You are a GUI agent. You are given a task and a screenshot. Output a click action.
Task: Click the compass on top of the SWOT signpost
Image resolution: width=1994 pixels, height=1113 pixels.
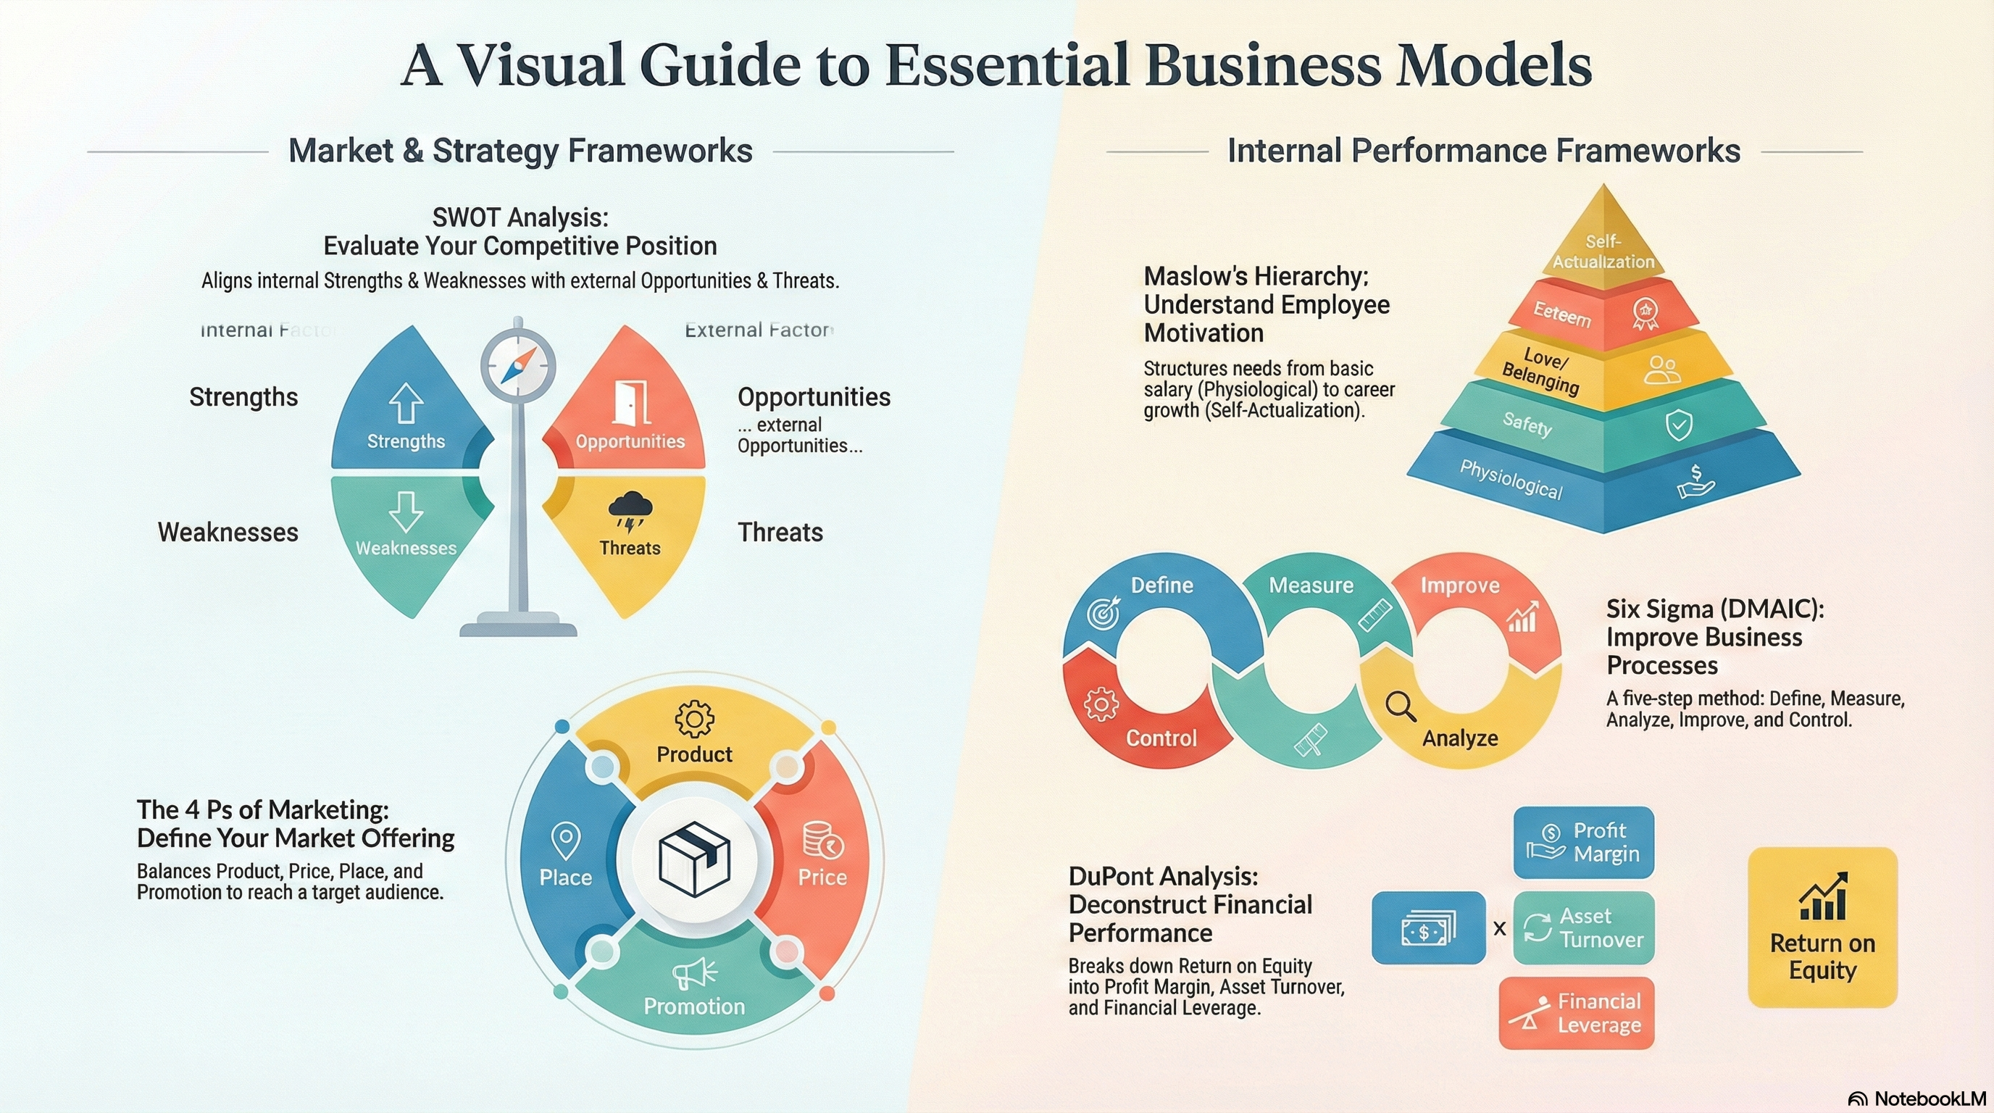518,365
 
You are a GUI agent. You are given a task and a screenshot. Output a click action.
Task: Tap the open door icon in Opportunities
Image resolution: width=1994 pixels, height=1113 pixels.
630,401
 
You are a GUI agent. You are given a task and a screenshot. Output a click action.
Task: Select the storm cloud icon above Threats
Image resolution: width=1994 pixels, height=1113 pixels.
630,512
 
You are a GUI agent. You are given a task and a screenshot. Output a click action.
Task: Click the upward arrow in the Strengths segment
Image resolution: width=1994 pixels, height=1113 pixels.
406,404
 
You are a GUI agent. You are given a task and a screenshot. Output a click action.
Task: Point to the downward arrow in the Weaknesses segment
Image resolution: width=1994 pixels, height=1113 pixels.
406,512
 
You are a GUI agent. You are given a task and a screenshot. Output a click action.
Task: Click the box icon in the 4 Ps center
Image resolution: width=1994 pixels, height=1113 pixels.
694,859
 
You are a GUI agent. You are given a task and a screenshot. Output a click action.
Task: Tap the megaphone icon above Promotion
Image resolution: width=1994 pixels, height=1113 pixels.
694,972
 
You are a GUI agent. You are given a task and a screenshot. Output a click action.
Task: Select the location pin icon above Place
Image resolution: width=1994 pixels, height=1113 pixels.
566,841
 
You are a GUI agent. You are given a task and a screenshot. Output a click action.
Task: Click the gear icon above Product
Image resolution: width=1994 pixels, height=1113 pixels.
694,718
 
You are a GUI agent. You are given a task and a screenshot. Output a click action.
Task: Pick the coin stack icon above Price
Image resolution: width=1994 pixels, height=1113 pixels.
822,841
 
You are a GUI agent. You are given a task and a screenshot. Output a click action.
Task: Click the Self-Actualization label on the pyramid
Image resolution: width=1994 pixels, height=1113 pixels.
1603,251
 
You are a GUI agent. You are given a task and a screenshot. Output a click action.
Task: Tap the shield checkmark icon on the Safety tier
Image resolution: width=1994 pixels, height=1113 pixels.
1679,425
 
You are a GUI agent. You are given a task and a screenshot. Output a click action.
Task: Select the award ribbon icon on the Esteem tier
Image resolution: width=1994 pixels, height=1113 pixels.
1645,314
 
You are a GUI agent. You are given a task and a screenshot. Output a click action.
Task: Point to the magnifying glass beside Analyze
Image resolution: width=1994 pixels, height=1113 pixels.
1401,706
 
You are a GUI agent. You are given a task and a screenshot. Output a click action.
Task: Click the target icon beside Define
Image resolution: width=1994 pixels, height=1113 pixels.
1103,612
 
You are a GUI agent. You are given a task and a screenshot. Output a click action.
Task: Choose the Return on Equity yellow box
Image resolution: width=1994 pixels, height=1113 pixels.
1822,927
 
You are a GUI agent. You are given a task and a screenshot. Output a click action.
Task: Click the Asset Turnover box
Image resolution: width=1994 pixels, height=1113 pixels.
1583,927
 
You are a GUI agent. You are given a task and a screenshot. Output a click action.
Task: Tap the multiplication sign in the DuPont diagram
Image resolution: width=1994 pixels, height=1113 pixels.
1499,928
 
